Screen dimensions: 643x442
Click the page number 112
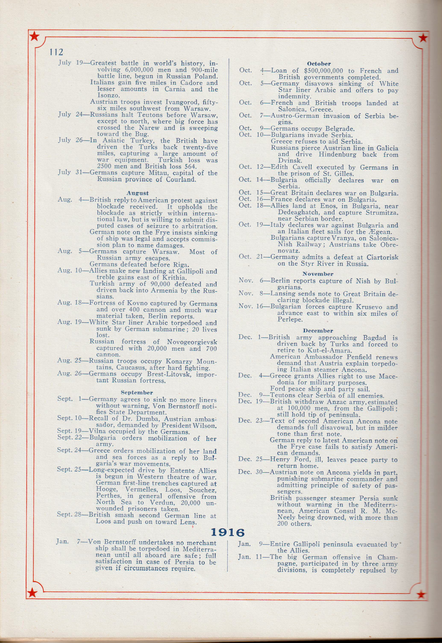click(56, 52)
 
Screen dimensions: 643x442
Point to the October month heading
click(319, 64)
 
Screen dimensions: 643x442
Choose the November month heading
click(318, 274)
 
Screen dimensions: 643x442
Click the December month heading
click(318, 331)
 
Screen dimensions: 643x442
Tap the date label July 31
click(68, 173)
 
